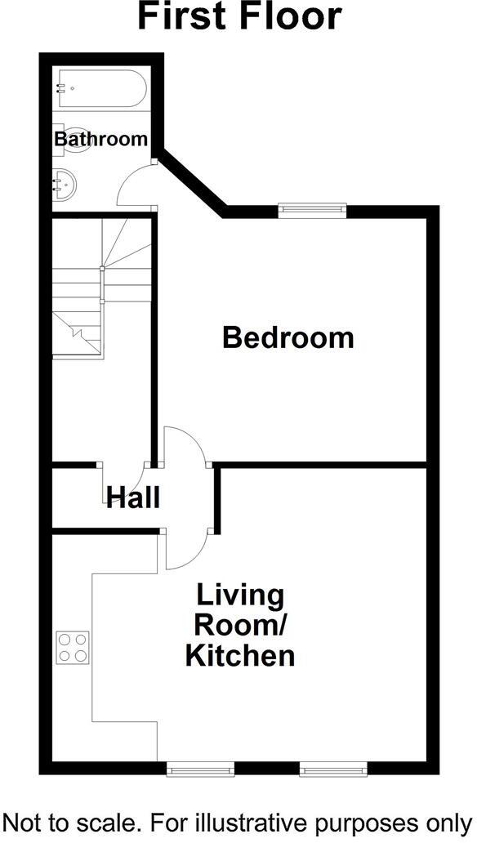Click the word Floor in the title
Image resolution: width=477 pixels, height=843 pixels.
(287, 17)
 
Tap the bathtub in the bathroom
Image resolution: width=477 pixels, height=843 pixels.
(100, 90)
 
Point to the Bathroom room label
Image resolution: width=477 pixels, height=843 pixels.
(100, 139)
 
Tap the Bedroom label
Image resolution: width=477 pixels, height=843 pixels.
(288, 337)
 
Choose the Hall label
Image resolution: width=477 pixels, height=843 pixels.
(132, 497)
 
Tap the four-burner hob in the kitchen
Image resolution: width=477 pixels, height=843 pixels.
(72, 647)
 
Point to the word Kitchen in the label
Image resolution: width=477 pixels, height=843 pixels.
(239, 655)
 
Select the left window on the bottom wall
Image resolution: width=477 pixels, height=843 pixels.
(199, 769)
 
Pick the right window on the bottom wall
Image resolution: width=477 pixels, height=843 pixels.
(331, 769)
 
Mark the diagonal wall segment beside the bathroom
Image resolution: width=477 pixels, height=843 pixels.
(192, 181)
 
